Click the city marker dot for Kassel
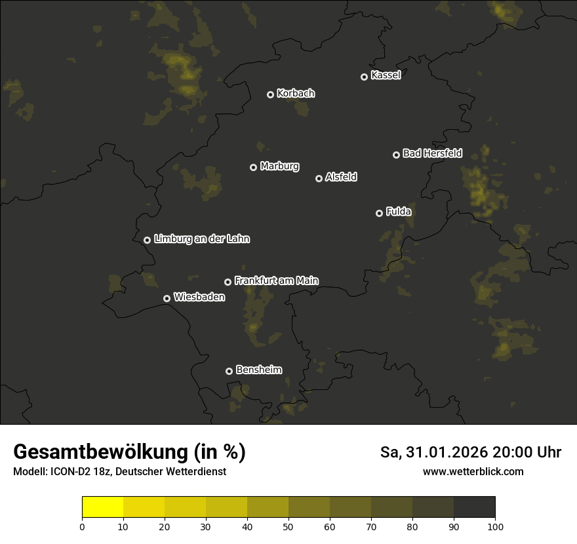pyautogui.click(x=364, y=77)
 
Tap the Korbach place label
pyautogui.click(x=296, y=93)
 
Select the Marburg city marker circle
pyautogui.click(x=253, y=167)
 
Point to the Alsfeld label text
pyautogui.click(x=341, y=177)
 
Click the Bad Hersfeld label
pyautogui.click(x=432, y=153)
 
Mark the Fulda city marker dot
pyautogui.click(x=379, y=213)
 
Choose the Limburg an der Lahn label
pyautogui.click(x=201, y=239)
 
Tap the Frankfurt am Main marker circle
pyautogui.click(x=228, y=282)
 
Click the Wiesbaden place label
pyautogui.click(x=199, y=297)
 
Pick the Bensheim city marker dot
pyautogui.click(x=229, y=371)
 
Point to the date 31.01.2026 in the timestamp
pyautogui.click(x=444, y=452)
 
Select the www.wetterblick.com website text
pyautogui.click(x=473, y=471)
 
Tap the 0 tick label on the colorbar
pyautogui.click(x=82, y=526)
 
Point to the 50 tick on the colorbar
pyautogui.click(x=288, y=526)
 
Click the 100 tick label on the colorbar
pyautogui.click(x=495, y=526)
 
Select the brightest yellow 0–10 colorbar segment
pyautogui.click(x=102, y=507)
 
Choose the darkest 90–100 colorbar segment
pyautogui.click(x=474, y=507)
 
